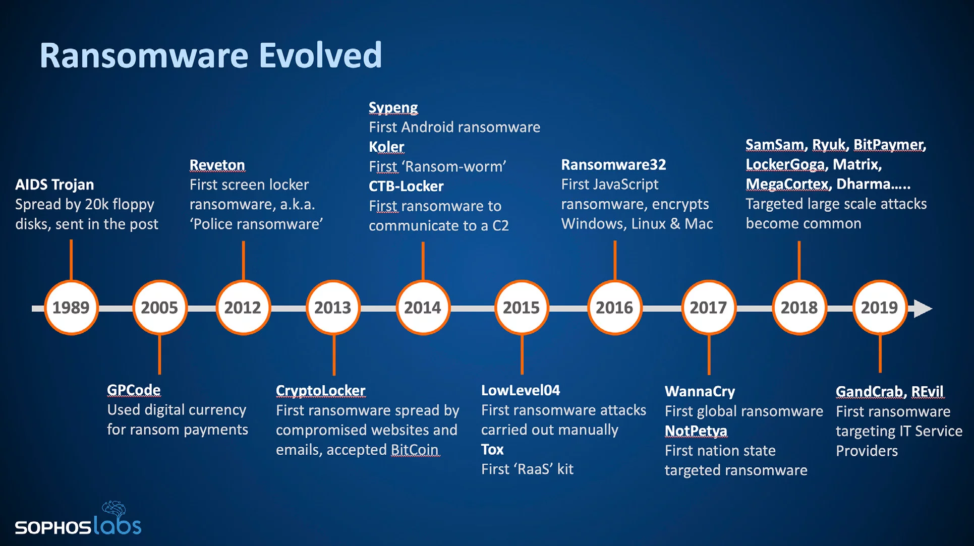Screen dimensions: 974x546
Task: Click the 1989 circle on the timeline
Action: click(71, 308)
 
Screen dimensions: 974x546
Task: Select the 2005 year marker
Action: click(159, 308)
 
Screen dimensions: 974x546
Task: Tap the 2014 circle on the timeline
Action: click(423, 308)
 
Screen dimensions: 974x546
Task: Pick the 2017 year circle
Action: click(708, 308)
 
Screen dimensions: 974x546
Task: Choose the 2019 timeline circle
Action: click(879, 308)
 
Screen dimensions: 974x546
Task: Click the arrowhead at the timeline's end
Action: click(923, 308)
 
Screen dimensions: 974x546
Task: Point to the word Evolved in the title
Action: click(320, 55)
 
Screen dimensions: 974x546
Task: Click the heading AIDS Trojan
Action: click(54, 185)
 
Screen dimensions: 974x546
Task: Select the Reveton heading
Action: click(217, 165)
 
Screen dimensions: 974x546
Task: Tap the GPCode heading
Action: click(134, 390)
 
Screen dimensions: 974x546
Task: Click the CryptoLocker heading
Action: click(320, 391)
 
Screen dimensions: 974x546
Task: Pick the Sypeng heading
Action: click(393, 108)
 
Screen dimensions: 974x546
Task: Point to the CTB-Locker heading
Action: click(406, 186)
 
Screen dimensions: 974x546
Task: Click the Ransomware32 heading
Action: click(613, 164)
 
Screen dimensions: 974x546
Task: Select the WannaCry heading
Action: click(700, 391)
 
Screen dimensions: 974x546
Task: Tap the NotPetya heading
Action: click(696, 431)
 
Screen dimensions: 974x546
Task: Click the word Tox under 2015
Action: click(492, 449)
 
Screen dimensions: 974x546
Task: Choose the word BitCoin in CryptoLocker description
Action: click(415, 449)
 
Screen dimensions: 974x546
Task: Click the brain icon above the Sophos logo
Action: click(114, 509)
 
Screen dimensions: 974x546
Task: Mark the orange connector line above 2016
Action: click(615, 260)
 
